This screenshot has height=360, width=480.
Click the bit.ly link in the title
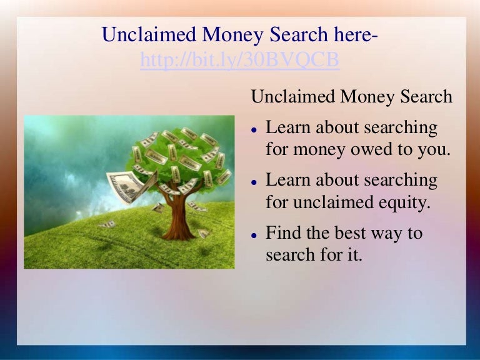click(240, 60)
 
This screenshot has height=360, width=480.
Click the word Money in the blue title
click(232, 34)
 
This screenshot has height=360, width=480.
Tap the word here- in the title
click(356, 34)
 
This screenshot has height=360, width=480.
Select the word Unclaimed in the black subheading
click(293, 96)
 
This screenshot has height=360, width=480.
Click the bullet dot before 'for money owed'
click(254, 130)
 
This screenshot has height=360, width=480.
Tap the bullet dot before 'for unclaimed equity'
click(254, 182)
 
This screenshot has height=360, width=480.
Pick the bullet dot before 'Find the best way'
click(254, 235)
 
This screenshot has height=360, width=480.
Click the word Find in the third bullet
click(284, 232)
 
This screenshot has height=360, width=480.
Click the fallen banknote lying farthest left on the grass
click(107, 224)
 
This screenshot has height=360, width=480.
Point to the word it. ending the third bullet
click(355, 255)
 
